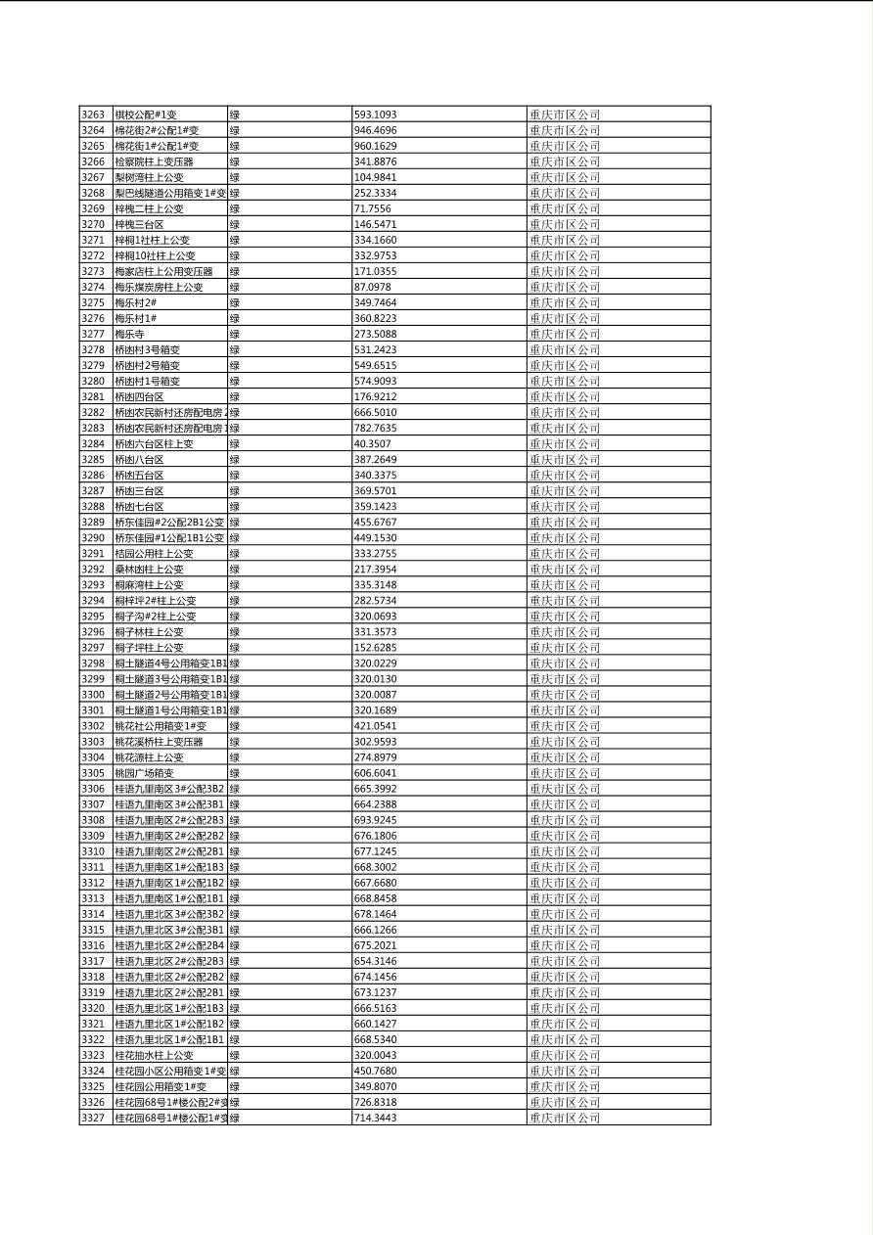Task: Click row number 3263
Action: click(x=92, y=114)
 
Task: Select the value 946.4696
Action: click(x=375, y=130)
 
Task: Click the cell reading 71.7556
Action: click(x=372, y=208)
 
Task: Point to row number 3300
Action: click(x=92, y=694)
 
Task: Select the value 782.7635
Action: click(x=375, y=428)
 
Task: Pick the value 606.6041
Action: click(x=375, y=773)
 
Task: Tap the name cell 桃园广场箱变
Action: click(x=144, y=773)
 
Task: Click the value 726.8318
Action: click(x=375, y=1102)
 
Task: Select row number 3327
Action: click(x=92, y=1118)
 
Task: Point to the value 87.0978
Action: click(x=372, y=287)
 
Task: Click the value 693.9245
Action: click(x=375, y=820)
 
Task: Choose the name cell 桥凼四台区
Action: click(x=139, y=396)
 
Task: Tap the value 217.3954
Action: click(x=375, y=569)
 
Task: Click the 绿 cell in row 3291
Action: click(x=235, y=553)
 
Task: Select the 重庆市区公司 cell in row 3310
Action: click(x=565, y=851)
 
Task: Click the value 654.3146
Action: click(x=375, y=961)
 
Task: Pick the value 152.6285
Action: click(x=375, y=647)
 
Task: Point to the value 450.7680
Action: click(x=375, y=1071)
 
